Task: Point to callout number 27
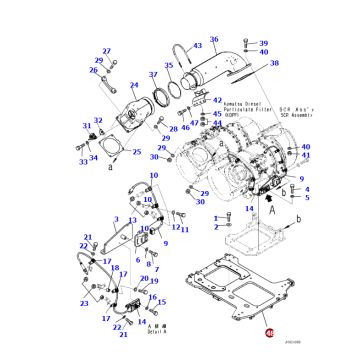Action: pos(99,59)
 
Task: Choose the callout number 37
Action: pos(153,75)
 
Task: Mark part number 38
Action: pos(262,58)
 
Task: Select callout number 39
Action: pos(263,44)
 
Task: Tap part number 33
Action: pos(83,161)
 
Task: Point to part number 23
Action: pos(84,301)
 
